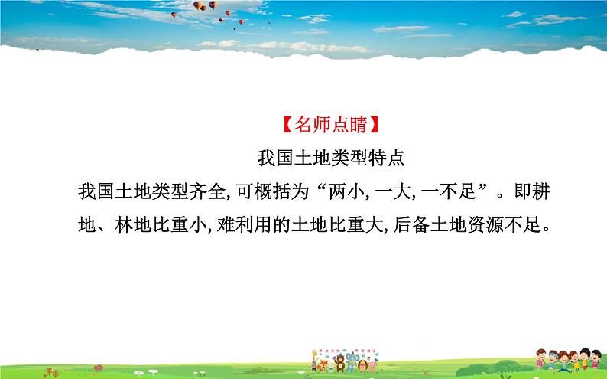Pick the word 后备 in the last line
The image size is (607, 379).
point(417,227)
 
